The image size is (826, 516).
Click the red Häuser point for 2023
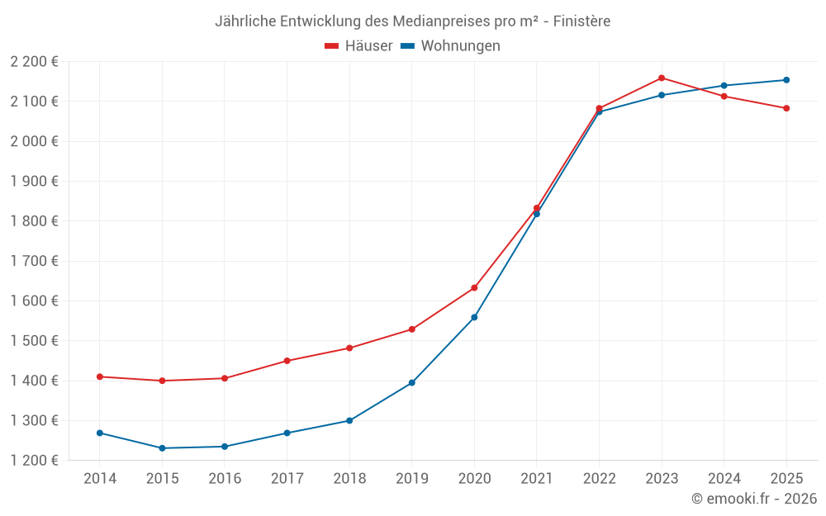click(x=662, y=78)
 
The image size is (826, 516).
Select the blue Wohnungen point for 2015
click(x=162, y=448)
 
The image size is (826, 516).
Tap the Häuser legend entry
click(x=359, y=46)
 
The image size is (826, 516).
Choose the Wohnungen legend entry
click(x=451, y=46)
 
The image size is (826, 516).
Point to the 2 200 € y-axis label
click(x=34, y=62)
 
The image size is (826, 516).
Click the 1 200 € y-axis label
click(x=34, y=461)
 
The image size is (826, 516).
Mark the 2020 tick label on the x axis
click(x=474, y=479)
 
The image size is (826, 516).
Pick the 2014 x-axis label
click(x=100, y=479)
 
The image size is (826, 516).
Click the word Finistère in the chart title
click(x=583, y=21)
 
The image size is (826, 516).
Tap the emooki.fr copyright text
click(x=754, y=499)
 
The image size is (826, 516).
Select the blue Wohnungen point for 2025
click(x=786, y=80)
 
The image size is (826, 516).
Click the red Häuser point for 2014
click(x=100, y=376)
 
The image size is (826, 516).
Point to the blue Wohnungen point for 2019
click(x=412, y=383)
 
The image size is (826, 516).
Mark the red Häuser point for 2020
click(x=474, y=288)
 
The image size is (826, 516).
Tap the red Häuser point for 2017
click(x=287, y=361)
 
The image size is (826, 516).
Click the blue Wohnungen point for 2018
click(x=349, y=421)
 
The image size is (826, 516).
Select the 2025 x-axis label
click(x=786, y=479)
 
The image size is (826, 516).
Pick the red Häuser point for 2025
click(x=786, y=108)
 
